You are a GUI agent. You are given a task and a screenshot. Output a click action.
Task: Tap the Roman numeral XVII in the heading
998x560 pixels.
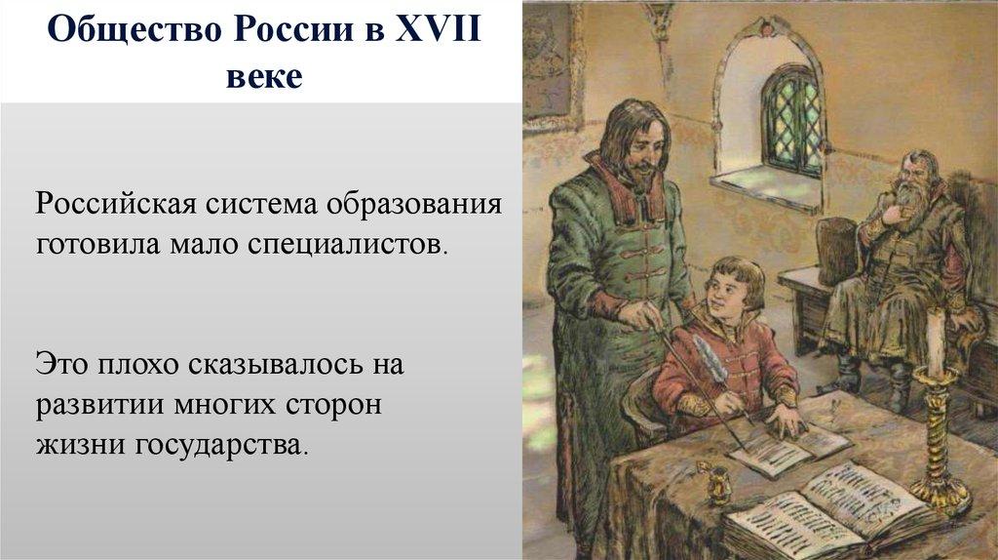[x=438, y=29]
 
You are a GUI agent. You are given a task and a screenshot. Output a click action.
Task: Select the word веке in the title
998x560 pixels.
[x=264, y=77]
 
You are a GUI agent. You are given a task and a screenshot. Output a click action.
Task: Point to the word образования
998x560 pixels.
[x=414, y=205]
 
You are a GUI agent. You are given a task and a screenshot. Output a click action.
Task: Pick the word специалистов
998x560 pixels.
[x=343, y=245]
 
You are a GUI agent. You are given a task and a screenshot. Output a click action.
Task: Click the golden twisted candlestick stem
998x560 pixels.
[x=937, y=433]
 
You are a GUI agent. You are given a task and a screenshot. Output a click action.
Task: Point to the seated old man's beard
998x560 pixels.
[x=908, y=205]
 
